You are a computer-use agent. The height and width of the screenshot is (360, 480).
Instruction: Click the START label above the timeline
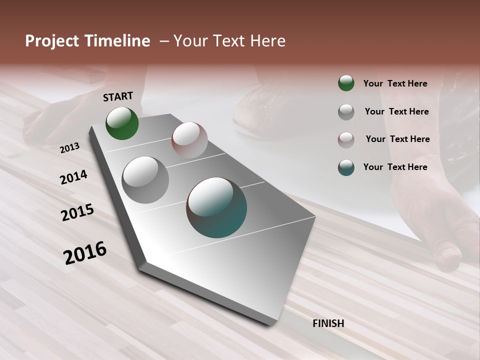coord(118,96)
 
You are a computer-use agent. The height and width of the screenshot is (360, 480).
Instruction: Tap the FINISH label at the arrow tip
coord(328,323)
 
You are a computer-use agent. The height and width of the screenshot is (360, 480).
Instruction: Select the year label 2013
coord(69,148)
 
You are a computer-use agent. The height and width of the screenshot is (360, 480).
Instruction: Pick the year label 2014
coord(73,177)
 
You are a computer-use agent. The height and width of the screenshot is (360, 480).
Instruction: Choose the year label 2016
coord(85,253)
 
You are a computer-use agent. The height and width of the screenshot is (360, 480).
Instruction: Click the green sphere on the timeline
coord(122,123)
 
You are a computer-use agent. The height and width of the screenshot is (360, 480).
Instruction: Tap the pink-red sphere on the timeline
coord(189,140)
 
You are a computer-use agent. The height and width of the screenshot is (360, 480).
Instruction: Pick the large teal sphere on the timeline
coord(216,207)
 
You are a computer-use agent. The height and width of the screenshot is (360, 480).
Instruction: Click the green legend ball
coord(346,83)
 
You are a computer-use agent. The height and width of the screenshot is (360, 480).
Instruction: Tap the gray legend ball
coord(346,111)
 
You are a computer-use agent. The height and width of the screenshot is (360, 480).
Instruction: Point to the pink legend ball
coord(346,139)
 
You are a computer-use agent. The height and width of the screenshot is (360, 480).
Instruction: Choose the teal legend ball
coord(346,167)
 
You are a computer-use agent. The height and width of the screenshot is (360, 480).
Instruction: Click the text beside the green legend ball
coord(395,83)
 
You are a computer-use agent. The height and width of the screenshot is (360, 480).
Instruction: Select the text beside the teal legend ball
coord(395,167)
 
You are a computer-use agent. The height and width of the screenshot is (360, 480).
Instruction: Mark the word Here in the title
coord(267,41)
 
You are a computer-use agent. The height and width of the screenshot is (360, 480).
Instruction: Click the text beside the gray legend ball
coord(396,111)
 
